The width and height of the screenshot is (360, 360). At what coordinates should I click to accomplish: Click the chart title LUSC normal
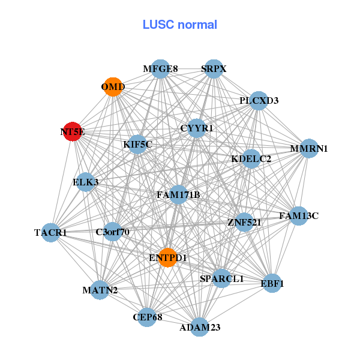179,25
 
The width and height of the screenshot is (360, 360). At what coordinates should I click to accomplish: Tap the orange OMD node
113,87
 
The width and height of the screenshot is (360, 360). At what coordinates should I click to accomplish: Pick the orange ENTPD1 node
167,257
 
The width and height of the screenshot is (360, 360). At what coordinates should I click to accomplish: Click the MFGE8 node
160,69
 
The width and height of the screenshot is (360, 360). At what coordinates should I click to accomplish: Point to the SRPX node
214,69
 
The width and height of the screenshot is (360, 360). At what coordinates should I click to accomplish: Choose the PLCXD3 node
259,100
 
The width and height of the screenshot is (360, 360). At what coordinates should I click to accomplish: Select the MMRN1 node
308,148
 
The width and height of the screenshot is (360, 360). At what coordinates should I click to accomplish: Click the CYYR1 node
197,128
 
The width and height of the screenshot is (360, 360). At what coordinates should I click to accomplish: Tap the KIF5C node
138,145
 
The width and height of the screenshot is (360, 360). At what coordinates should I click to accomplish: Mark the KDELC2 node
251,159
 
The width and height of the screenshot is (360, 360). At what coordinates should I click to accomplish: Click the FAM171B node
178,195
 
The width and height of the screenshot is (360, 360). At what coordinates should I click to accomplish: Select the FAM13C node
299,215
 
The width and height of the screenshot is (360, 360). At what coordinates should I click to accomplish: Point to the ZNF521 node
244,222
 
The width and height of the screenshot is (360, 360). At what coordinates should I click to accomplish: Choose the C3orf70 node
112,232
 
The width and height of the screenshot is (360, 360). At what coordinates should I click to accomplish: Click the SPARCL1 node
221,278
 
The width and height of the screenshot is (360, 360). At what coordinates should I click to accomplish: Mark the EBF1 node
272,283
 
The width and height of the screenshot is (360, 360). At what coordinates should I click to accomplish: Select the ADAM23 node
200,327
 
